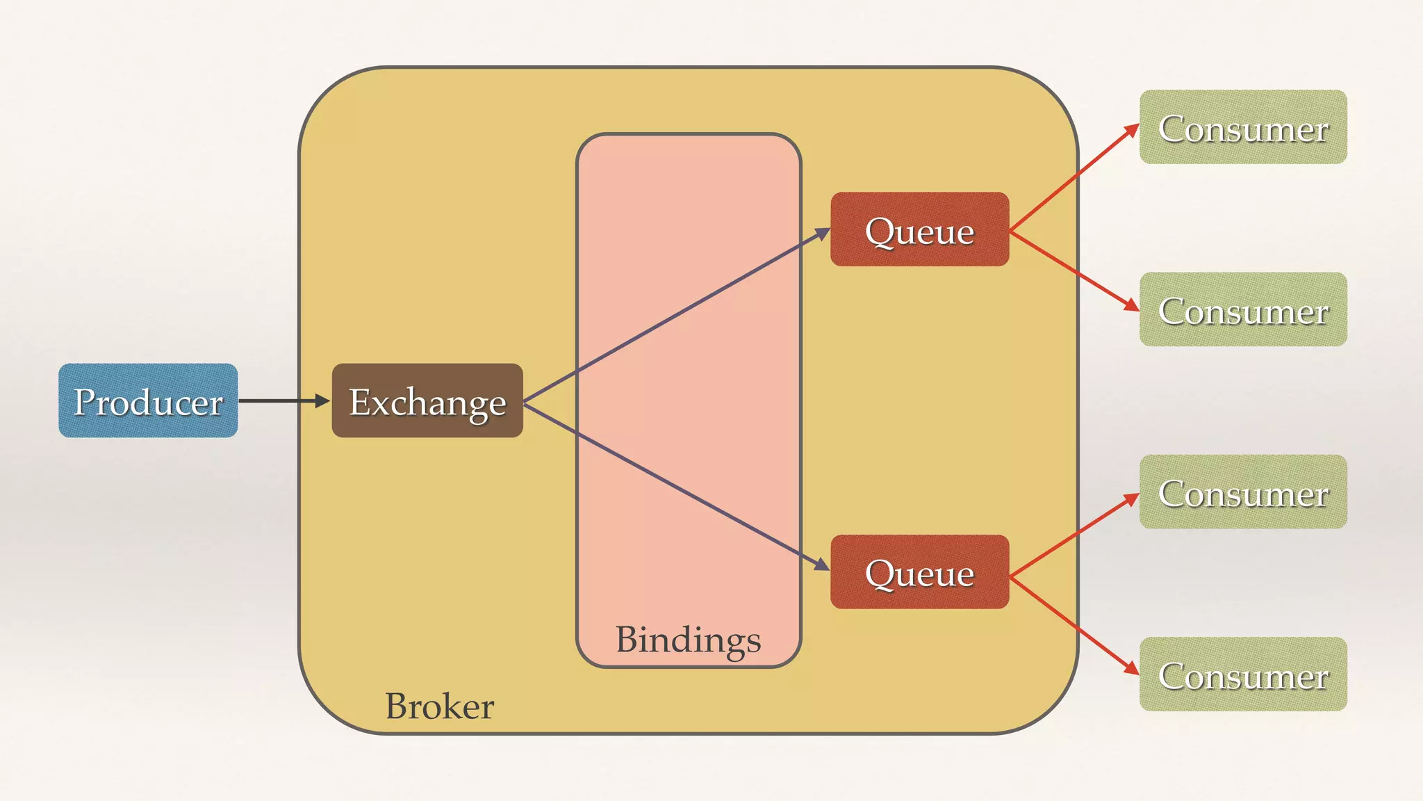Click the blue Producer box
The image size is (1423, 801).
pos(148,400)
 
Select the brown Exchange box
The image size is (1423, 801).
pos(427,400)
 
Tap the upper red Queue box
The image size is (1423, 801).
pos(919,229)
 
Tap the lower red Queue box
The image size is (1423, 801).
pos(919,572)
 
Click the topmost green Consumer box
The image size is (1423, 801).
pos(1243,127)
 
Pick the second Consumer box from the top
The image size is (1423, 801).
pos(1243,309)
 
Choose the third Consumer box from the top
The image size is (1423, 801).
pos(1243,492)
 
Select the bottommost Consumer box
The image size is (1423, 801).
pos(1243,674)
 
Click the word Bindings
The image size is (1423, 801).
pos(688,640)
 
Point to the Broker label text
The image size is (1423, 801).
pos(439,706)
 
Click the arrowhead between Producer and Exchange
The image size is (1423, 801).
pos(322,400)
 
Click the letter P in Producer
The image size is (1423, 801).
pos(84,402)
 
